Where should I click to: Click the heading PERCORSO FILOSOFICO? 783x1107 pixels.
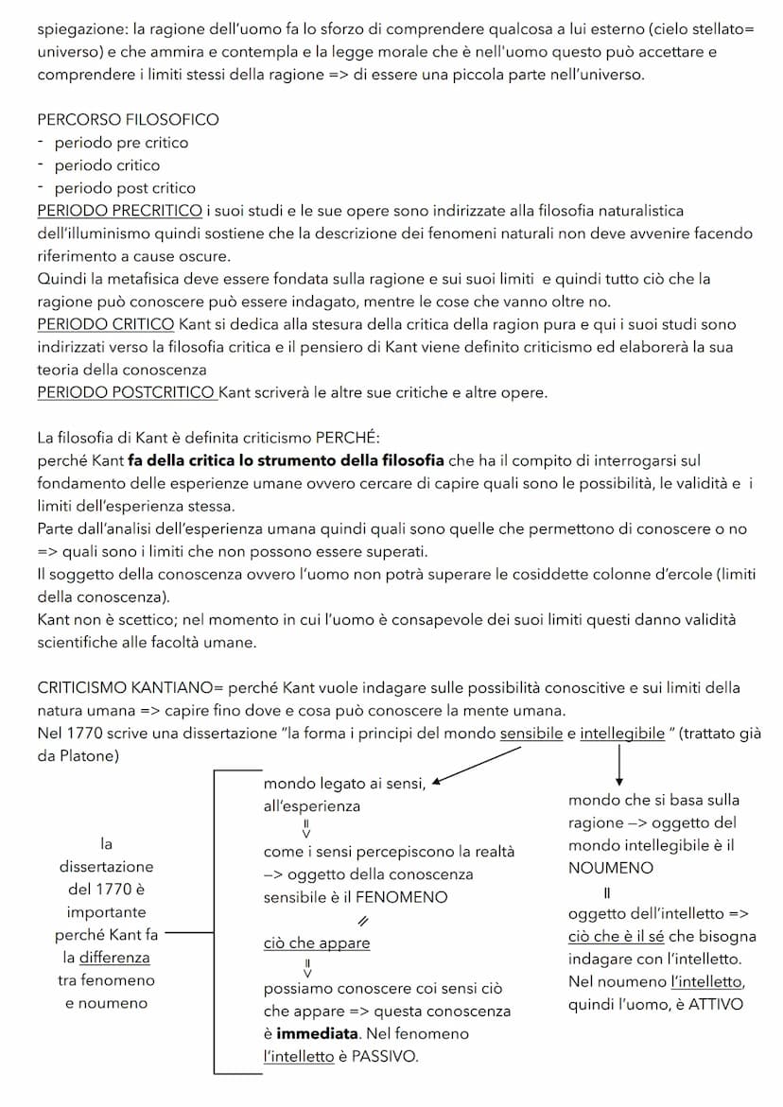tap(128, 119)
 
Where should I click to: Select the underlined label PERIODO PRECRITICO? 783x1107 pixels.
tap(119, 210)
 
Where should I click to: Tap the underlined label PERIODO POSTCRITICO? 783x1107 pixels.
tap(127, 392)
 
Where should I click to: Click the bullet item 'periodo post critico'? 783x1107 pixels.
tap(125, 187)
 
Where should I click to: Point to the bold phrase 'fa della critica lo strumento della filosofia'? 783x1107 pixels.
tap(286, 460)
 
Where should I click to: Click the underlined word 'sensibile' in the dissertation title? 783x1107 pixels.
tap(531, 733)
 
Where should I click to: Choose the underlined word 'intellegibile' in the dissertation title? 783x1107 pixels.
tap(622, 733)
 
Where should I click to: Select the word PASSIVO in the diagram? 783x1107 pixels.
tap(384, 1056)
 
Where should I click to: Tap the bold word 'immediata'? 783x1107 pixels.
tap(317, 1033)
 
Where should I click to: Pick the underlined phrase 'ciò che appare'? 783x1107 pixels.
tap(317, 943)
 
